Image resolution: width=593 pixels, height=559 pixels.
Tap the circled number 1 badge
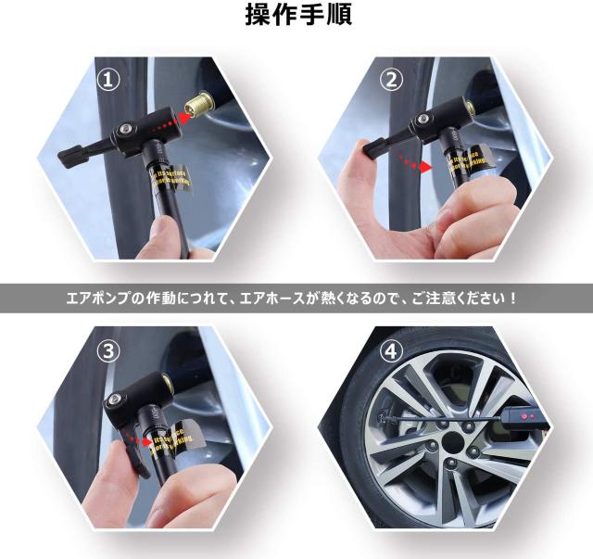point(112,80)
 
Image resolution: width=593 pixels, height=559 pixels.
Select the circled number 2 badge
point(392,80)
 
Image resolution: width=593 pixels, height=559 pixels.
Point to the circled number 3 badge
point(112,350)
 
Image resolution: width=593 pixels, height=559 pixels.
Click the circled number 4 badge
point(392,350)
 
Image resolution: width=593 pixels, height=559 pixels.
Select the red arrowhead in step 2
point(425,168)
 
